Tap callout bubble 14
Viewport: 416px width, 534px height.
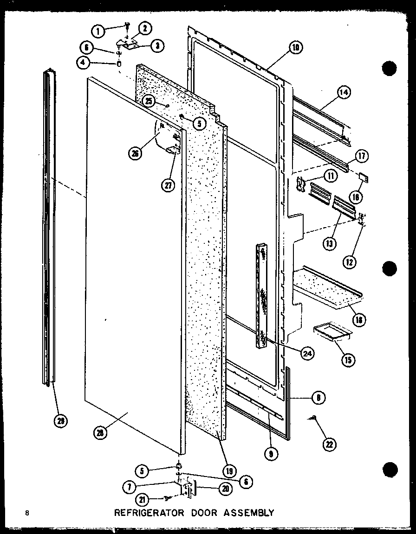344,93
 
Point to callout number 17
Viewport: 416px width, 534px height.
362,156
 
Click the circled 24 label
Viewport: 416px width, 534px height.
307,354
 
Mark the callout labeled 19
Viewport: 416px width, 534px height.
228,472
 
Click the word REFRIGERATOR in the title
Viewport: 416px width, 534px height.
141,513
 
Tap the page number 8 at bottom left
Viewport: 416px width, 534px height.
28,513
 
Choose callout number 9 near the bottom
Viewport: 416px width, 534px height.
270,454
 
